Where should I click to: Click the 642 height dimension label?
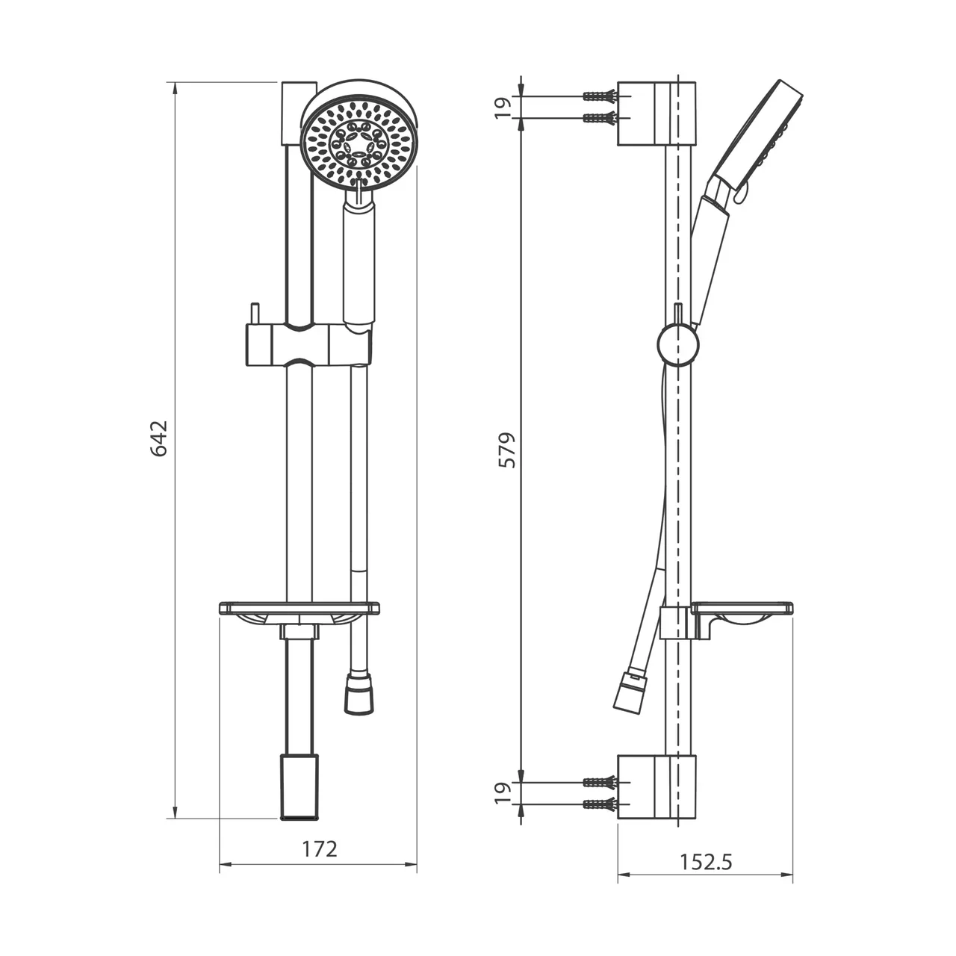(x=159, y=438)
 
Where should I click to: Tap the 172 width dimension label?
(x=320, y=849)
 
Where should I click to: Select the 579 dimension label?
(x=507, y=450)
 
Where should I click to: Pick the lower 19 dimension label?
(x=503, y=792)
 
